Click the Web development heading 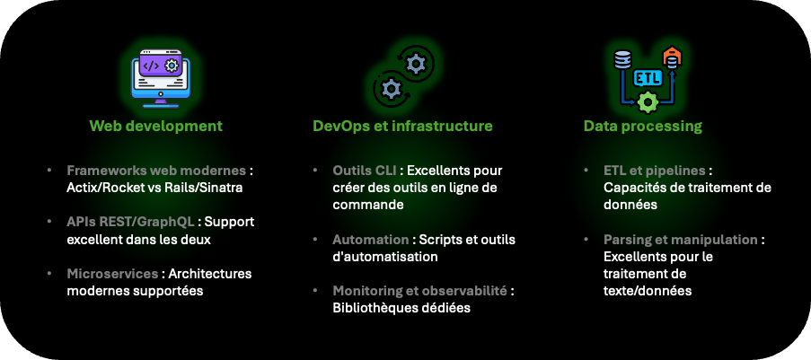tap(155, 126)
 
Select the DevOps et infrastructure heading tap(402, 126)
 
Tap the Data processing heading tap(643, 127)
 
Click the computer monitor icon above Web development tap(161, 78)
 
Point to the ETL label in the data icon tap(647, 78)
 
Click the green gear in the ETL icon tap(648, 102)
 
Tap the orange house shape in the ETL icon tap(672, 57)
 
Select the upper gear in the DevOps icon tap(415, 64)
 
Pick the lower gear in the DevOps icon tap(391, 89)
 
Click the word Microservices tap(112, 273)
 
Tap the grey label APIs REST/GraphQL tap(130, 222)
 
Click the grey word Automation tap(370, 240)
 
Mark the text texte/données tap(647, 291)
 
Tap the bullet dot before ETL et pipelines tap(586, 171)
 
